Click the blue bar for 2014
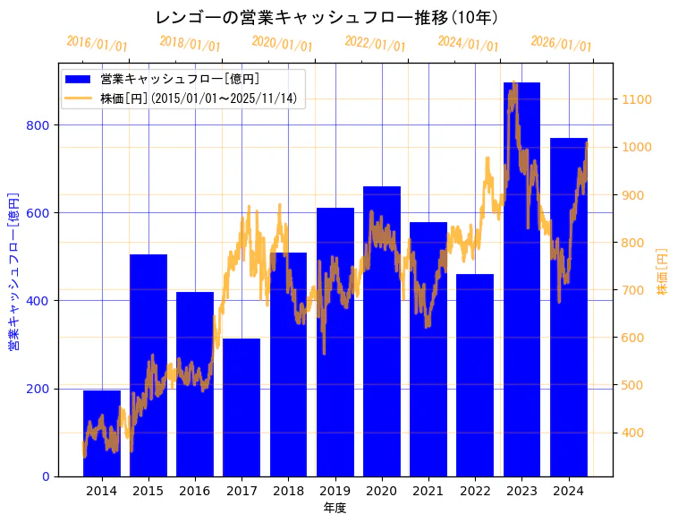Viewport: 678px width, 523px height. pyautogui.click(x=102, y=433)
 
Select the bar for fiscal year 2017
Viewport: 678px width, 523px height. pyautogui.click(x=242, y=407)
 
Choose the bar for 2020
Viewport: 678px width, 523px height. pyautogui.click(x=382, y=331)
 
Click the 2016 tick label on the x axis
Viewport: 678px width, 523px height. pyautogui.click(x=195, y=491)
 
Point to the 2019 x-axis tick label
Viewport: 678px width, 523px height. pyautogui.click(x=335, y=491)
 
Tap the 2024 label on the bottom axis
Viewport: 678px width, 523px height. pyautogui.click(x=568, y=491)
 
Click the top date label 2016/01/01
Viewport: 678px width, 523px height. pyautogui.click(x=97, y=43)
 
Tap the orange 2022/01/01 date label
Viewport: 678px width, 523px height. pyautogui.click(x=375, y=43)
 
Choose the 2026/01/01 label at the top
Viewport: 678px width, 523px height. pyautogui.click(x=561, y=43)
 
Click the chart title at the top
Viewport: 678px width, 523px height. pyautogui.click(x=326, y=18)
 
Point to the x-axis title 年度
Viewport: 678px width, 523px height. pyautogui.click(x=335, y=508)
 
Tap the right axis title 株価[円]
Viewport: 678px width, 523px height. pyautogui.click(x=663, y=272)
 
